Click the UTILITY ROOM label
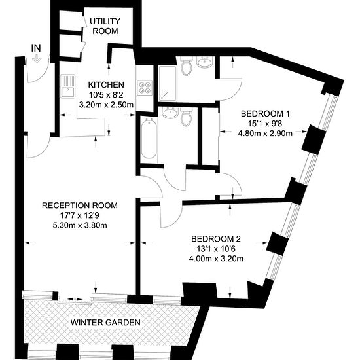(x=105, y=26)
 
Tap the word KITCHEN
(x=106, y=85)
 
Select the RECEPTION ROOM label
(x=80, y=206)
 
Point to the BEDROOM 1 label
(x=265, y=114)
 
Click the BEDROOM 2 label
(x=216, y=239)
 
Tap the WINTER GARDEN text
(x=105, y=322)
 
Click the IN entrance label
(x=36, y=48)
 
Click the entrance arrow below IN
(x=36, y=58)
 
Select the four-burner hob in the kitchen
(x=145, y=88)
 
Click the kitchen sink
(x=67, y=86)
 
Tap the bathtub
(x=149, y=138)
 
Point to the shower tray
(x=168, y=84)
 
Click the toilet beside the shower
(x=186, y=65)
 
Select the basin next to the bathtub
(x=170, y=113)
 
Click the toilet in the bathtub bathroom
(x=186, y=117)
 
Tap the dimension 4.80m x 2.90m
(x=265, y=134)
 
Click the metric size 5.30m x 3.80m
(x=80, y=225)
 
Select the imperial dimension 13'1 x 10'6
(x=216, y=249)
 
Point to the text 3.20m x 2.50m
(x=106, y=105)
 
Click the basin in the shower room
(x=205, y=62)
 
